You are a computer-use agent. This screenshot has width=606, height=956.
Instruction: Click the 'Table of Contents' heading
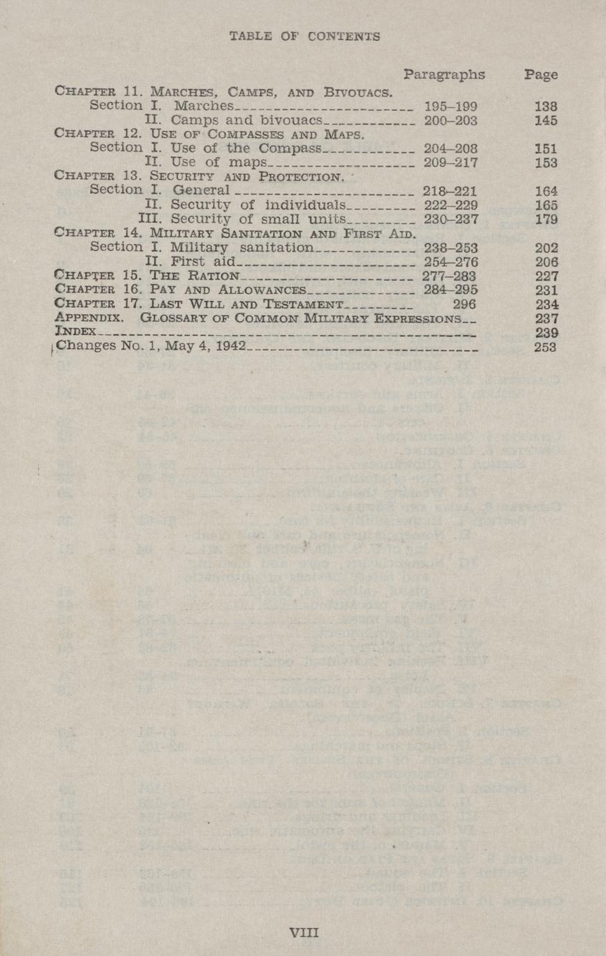pyautogui.click(x=304, y=37)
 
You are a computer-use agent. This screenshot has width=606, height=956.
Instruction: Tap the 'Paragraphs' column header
pyautogui.click(x=444, y=75)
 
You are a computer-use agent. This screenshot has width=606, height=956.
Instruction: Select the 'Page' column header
pyautogui.click(x=541, y=75)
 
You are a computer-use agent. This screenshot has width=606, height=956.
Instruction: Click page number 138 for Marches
pyautogui.click(x=546, y=107)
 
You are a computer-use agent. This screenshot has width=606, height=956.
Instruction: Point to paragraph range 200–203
pyautogui.click(x=450, y=121)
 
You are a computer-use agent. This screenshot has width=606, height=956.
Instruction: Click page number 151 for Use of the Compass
pyautogui.click(x=546, y=148)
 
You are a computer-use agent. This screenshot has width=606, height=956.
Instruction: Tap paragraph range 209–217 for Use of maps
pyautogui.click(x=450, y=163)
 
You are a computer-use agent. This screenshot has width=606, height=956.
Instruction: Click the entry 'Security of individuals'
pyautogui.click(x=257, y=205)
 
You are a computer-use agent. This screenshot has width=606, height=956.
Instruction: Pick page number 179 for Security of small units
pyautogui.click(x=546, y=219)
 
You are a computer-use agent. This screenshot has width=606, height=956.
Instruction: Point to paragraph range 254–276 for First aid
pyautogui.click(x=450, y=261)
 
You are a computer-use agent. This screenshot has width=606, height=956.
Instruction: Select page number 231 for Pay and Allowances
pyautogui.click(x=546, y=290)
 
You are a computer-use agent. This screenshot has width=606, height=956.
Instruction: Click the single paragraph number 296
pyautogui.click(x=465, y=304)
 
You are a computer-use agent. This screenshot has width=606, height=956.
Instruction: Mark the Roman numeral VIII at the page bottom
pyautogui.click(x=304, y=932)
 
